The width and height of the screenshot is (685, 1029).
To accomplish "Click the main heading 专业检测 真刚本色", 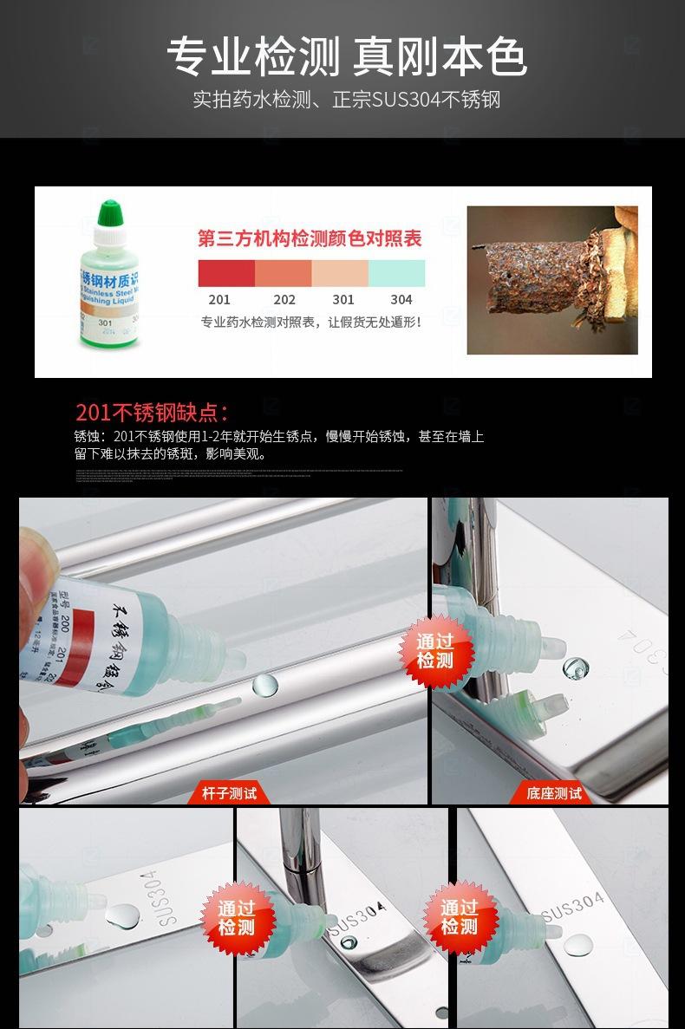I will (346, 58).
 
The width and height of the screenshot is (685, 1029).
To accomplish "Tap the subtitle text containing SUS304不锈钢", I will (346, 100).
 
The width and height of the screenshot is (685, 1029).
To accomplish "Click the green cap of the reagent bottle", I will (108, 212).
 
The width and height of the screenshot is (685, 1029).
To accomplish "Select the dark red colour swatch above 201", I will (226, 273).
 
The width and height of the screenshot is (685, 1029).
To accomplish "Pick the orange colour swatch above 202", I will (284, 273).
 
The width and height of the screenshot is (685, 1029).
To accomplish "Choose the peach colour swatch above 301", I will (340, 273).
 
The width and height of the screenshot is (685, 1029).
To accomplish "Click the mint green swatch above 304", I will (397, 273).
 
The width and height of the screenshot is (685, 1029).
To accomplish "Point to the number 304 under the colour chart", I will (401, 300).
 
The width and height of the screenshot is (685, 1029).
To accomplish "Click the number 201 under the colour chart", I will (219, 300).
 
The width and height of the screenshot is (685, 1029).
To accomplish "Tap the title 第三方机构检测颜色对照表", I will (310, 238).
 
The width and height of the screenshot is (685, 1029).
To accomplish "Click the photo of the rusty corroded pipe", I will (552, 280).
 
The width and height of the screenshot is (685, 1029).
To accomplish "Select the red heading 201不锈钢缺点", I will (152, 412).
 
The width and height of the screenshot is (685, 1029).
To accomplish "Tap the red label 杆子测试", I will (229, 792).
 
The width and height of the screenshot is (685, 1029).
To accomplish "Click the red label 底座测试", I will (554, 792).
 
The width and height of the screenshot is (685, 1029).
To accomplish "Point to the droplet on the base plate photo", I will (575, 668).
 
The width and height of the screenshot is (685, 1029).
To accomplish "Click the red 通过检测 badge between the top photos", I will (434, 651).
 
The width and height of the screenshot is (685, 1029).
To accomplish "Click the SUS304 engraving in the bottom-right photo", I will (572, 907).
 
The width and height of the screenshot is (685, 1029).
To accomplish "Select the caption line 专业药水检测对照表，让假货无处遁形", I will (311, 322).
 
